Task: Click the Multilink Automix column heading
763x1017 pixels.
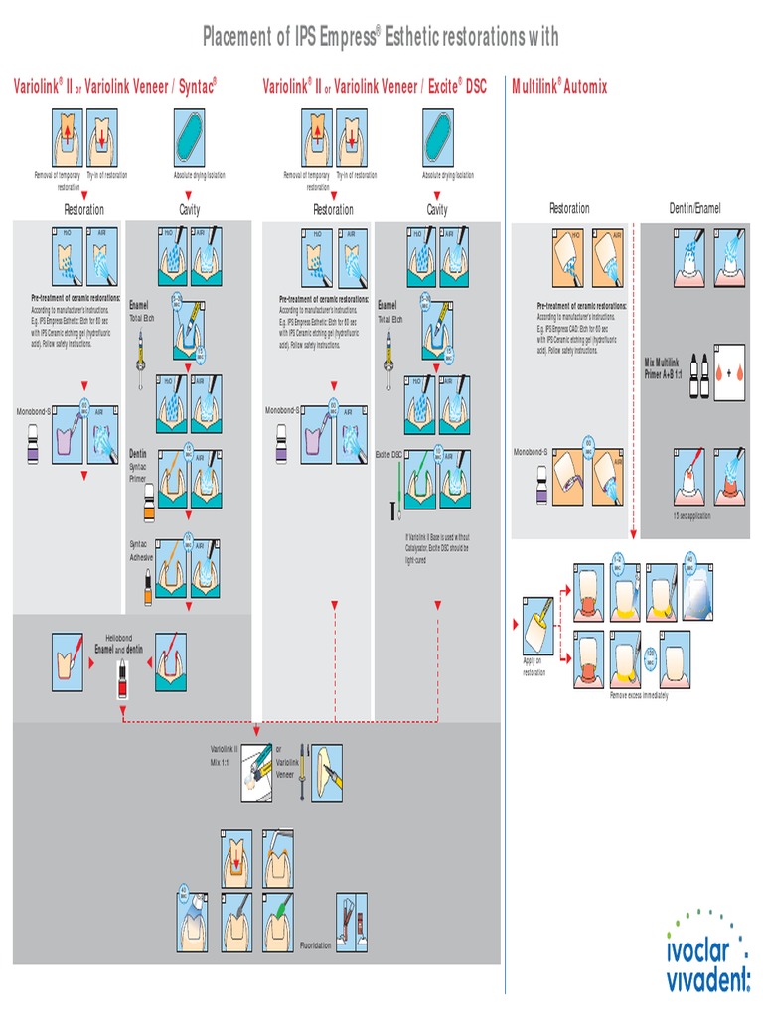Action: click(559, 87)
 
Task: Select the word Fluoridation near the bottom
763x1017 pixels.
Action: click(316, 945)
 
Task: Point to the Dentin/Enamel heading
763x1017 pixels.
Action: click(694, 208)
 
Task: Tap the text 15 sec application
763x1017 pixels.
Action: click(691, 515)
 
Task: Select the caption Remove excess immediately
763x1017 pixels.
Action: click(639, 695)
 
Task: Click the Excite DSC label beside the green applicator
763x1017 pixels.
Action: click(388, 454)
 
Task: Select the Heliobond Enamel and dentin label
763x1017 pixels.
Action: click(119, 643)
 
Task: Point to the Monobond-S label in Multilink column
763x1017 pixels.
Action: click(530, 452)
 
